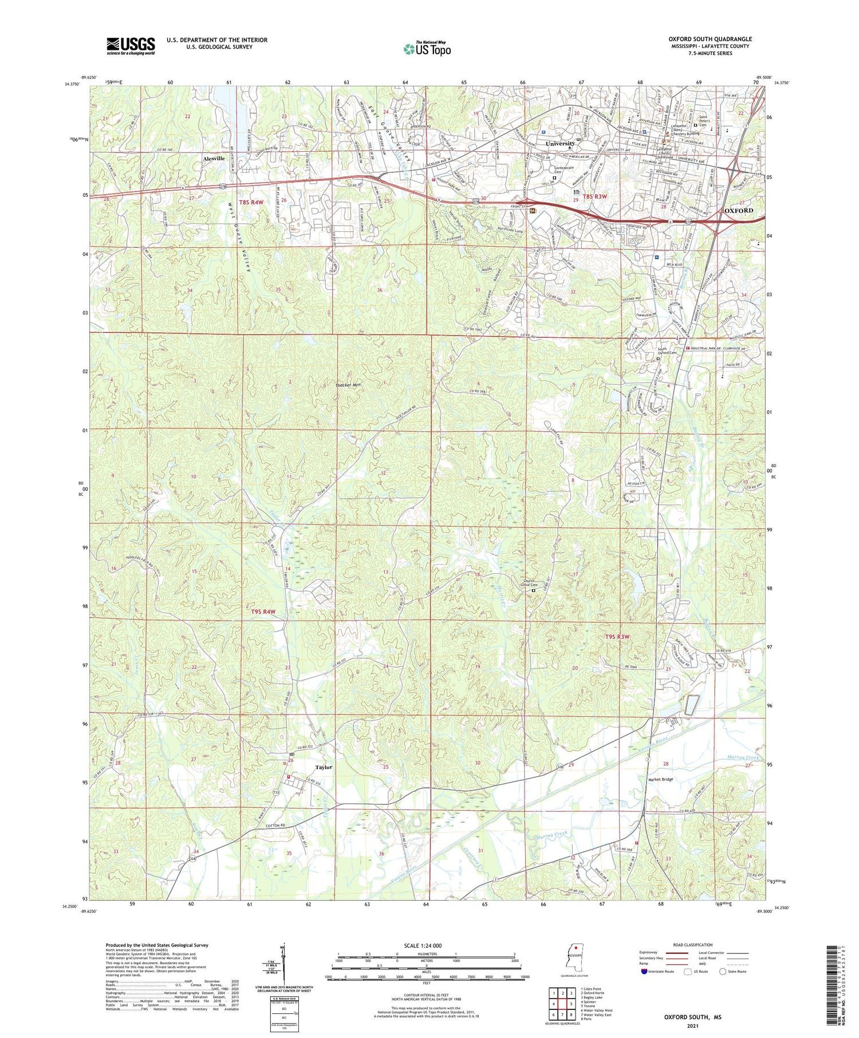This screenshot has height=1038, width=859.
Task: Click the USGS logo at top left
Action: click(131, 45)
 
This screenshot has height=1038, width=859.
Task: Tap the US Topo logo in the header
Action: click(427, 49)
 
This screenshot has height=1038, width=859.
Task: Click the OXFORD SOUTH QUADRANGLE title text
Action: click(710, 39)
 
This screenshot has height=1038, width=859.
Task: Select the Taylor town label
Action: click(324, 767)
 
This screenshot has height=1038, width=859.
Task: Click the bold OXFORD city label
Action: click(739, 211)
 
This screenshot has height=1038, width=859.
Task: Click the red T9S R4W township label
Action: click(263, 611)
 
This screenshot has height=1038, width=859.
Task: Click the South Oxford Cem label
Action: click(665, 351)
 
